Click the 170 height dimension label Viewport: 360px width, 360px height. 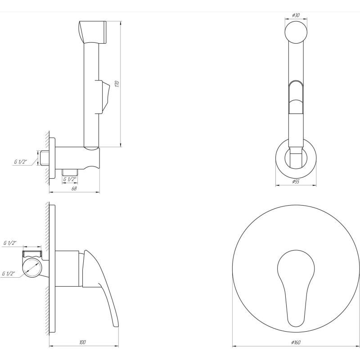[x=117, y=84]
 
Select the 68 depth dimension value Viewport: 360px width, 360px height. [x=74, y=189]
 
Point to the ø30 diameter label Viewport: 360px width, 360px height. [x=296, y=15]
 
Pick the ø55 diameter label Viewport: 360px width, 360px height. [x=296, y=181]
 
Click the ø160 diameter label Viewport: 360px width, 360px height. [x=296, y=343]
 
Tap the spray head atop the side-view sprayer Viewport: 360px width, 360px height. [x=92, y=31]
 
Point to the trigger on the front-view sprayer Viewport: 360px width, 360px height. [x=296, y=97]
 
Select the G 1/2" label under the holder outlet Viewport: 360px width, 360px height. [x=70, y=180]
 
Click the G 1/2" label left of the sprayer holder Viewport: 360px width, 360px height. [x=21, y=161]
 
